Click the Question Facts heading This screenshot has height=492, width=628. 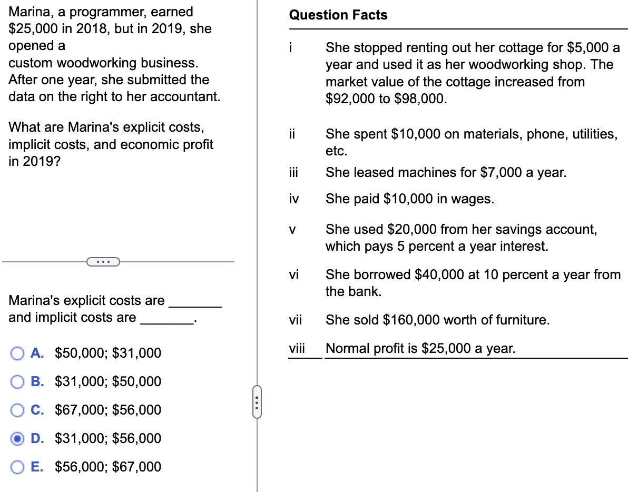pyautogui.click(x=338, y=15)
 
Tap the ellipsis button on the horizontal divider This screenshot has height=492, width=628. pyautogui.click(x=103, y=261)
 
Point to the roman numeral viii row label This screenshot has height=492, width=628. pyautogui.click(x=297, y=348)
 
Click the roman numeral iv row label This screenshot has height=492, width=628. pyautogui.click(x=293, y=199)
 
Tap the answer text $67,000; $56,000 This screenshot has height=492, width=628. pyautogui.click(x=108, y=410)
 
